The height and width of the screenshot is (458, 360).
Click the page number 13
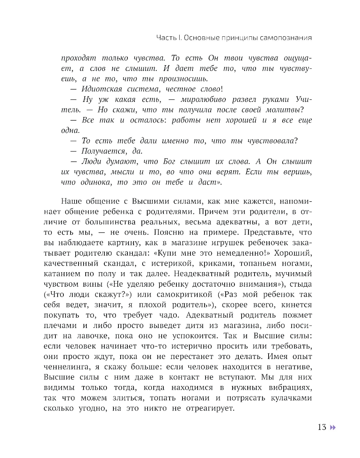click(x=322, y=427)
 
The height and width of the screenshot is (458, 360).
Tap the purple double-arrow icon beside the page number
click(x=333, y=427)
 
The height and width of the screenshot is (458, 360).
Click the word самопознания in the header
click(x=287, y=38)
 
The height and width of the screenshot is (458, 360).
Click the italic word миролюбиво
click(x=203, y=100)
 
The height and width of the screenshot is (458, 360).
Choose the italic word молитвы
click(x=284, y=110)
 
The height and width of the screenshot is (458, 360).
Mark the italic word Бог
click(x=169, y=162)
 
